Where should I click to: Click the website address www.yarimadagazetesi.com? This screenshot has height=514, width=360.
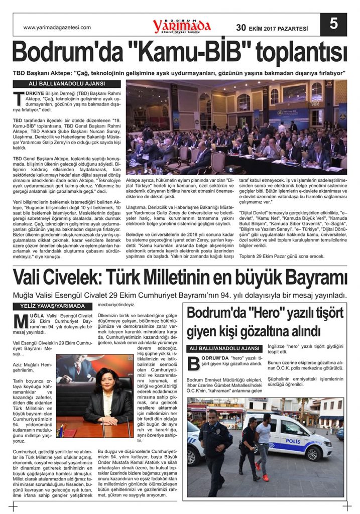(57, 28)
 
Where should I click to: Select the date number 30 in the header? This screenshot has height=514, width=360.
(241, 28)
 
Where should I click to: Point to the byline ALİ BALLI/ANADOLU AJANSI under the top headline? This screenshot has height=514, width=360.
(67, 84)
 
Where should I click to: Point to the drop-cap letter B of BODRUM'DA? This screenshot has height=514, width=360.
(193, 363)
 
